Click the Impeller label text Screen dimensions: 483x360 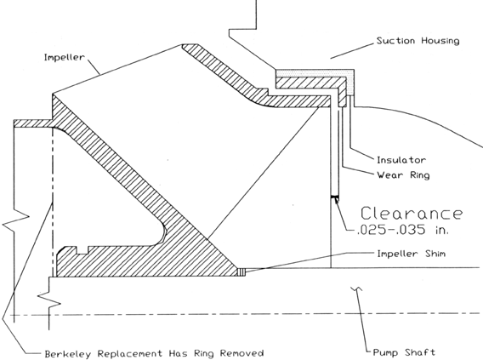point(64,58)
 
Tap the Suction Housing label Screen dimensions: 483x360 point(418,41)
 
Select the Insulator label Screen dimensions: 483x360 point(401,160)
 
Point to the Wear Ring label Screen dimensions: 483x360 point(403,175)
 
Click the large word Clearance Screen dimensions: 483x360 point(412,214)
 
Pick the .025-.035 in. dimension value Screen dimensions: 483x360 point(403,230)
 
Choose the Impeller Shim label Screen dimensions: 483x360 point(412,254)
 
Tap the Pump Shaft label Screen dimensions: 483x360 point(404,352)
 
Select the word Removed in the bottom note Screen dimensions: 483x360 point(241,353)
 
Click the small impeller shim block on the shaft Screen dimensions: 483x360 point(241,271)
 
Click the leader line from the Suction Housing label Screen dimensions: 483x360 point(352,50)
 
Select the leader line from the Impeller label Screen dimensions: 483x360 point(93,66)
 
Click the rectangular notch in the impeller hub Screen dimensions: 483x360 point(82,250)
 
